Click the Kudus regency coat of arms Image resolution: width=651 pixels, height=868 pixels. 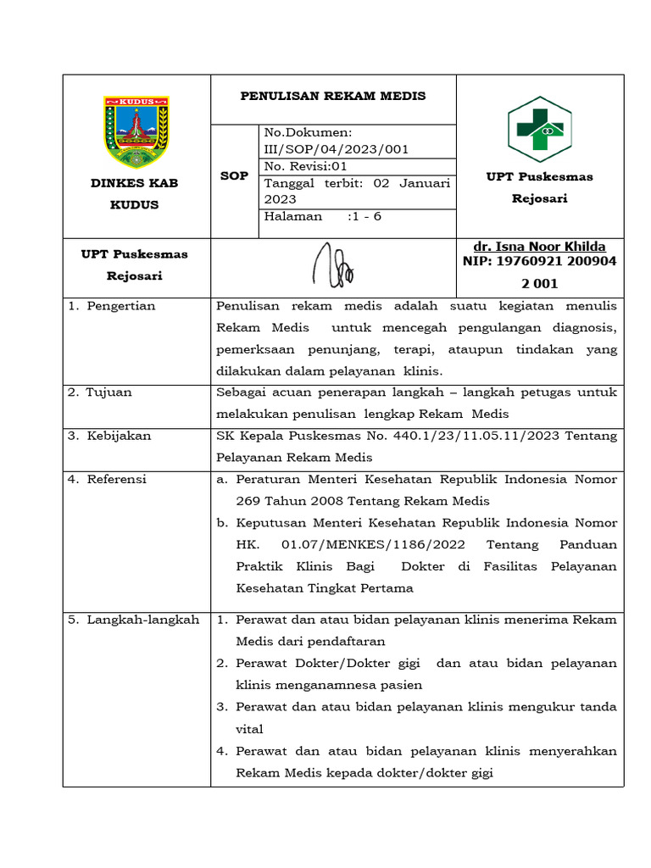tap(136, 131)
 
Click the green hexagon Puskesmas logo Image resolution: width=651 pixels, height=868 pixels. tap(540, 129)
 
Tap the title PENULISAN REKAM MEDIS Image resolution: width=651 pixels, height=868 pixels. tap(333, 96)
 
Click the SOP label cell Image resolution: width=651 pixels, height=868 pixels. tap(234, 176)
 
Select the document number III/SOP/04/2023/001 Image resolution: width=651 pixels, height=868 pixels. tap(337, 149)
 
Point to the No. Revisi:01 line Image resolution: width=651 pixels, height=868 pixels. tap(306, 166)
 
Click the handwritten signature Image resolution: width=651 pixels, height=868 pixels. tap(333, 264)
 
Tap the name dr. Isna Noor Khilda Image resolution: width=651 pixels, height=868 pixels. tap(539, 247)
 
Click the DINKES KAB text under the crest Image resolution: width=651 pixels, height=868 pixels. tap(135, 183)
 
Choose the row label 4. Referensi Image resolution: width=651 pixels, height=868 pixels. tap(108, 479)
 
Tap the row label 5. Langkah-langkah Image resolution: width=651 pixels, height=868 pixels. tap(134, 620)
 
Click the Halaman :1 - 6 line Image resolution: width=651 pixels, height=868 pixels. tap(323, 216)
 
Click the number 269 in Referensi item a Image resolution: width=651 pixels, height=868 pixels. tap(248, 501)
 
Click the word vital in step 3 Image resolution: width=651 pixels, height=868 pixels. tap(249, 729)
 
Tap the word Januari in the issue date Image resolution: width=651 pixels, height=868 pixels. tap(425, 183)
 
